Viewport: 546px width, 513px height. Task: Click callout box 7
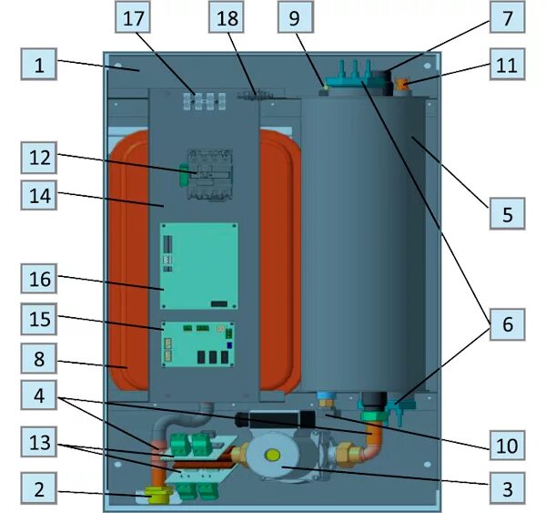point(506,17)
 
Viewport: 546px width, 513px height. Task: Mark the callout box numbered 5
point(506,216)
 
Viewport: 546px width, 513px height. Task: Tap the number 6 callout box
point(506,324)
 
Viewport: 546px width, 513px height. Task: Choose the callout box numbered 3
point(506,490)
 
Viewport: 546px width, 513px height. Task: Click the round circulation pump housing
point(278,459)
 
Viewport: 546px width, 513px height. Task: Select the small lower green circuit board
point(198,344)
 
